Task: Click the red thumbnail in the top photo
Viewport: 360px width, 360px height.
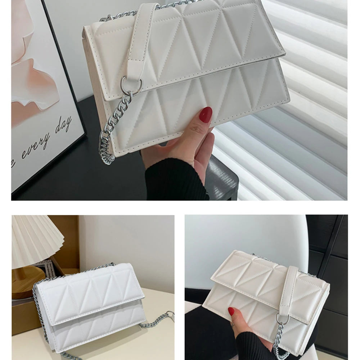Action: [x=206, y=115]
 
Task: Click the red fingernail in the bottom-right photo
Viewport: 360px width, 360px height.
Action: [x=231, y=311]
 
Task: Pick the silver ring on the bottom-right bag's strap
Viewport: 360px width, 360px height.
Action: [x=283, y=319]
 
